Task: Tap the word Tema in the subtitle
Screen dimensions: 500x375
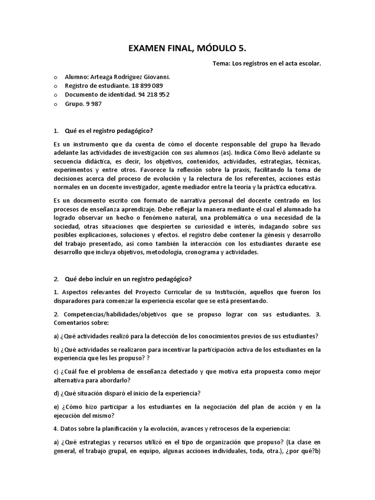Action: point(222,63)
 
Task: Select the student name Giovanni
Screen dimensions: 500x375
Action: point(155,77)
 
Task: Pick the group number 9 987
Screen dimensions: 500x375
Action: point(97,104)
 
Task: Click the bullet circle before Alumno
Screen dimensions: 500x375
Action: point(55,77)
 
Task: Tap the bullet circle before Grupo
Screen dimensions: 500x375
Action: point(55,104)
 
